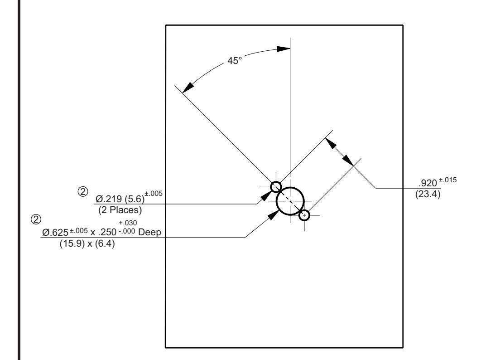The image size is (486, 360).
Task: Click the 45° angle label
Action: click(x=234, y=60)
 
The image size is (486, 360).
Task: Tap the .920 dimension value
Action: click(x=428, y=183)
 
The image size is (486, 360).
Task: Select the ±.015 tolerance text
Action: click(x=448, y=180)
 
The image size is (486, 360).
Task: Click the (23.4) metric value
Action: click(x=428, y=194)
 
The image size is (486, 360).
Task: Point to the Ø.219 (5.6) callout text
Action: click(x=120, y=199)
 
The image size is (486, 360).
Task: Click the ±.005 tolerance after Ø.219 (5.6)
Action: click(x=154, y=193)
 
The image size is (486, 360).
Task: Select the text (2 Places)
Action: click(x=120, y=210)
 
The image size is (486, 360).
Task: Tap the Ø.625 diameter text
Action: click(x=55, y=232)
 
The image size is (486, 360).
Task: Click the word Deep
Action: click(x=150, y=232)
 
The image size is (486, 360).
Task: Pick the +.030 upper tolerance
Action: click(x=128, y=223)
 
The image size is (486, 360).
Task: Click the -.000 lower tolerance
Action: click(x=127, y=231)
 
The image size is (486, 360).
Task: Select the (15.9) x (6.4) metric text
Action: click(x=87, y=243)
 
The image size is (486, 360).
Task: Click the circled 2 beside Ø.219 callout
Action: click(x=83, y=191)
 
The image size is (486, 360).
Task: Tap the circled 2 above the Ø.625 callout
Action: click(x=36, y=219)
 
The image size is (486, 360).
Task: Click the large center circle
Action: click(x=290, y=201)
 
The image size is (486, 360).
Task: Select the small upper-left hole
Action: click(x=276, y=187)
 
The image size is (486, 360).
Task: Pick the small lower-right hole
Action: click(x=304, y=215)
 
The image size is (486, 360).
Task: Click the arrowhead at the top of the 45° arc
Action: click(x=283, y=49)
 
